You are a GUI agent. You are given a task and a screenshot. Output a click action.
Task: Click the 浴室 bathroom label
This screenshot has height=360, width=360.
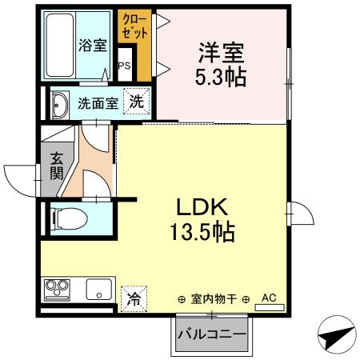(x=93, y=45)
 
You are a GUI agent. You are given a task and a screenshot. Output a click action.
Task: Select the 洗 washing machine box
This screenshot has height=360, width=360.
(x=138, y=102)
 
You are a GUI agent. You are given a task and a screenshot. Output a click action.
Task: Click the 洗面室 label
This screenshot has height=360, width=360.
(x=98, y=103)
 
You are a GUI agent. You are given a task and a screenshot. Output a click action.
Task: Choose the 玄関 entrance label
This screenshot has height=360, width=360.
(x=56, y=166)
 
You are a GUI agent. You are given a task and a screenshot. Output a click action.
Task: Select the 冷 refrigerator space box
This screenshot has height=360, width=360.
(x=134, y=298)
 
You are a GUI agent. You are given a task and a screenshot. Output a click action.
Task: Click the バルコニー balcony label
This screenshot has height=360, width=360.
(x=212, y=333)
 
